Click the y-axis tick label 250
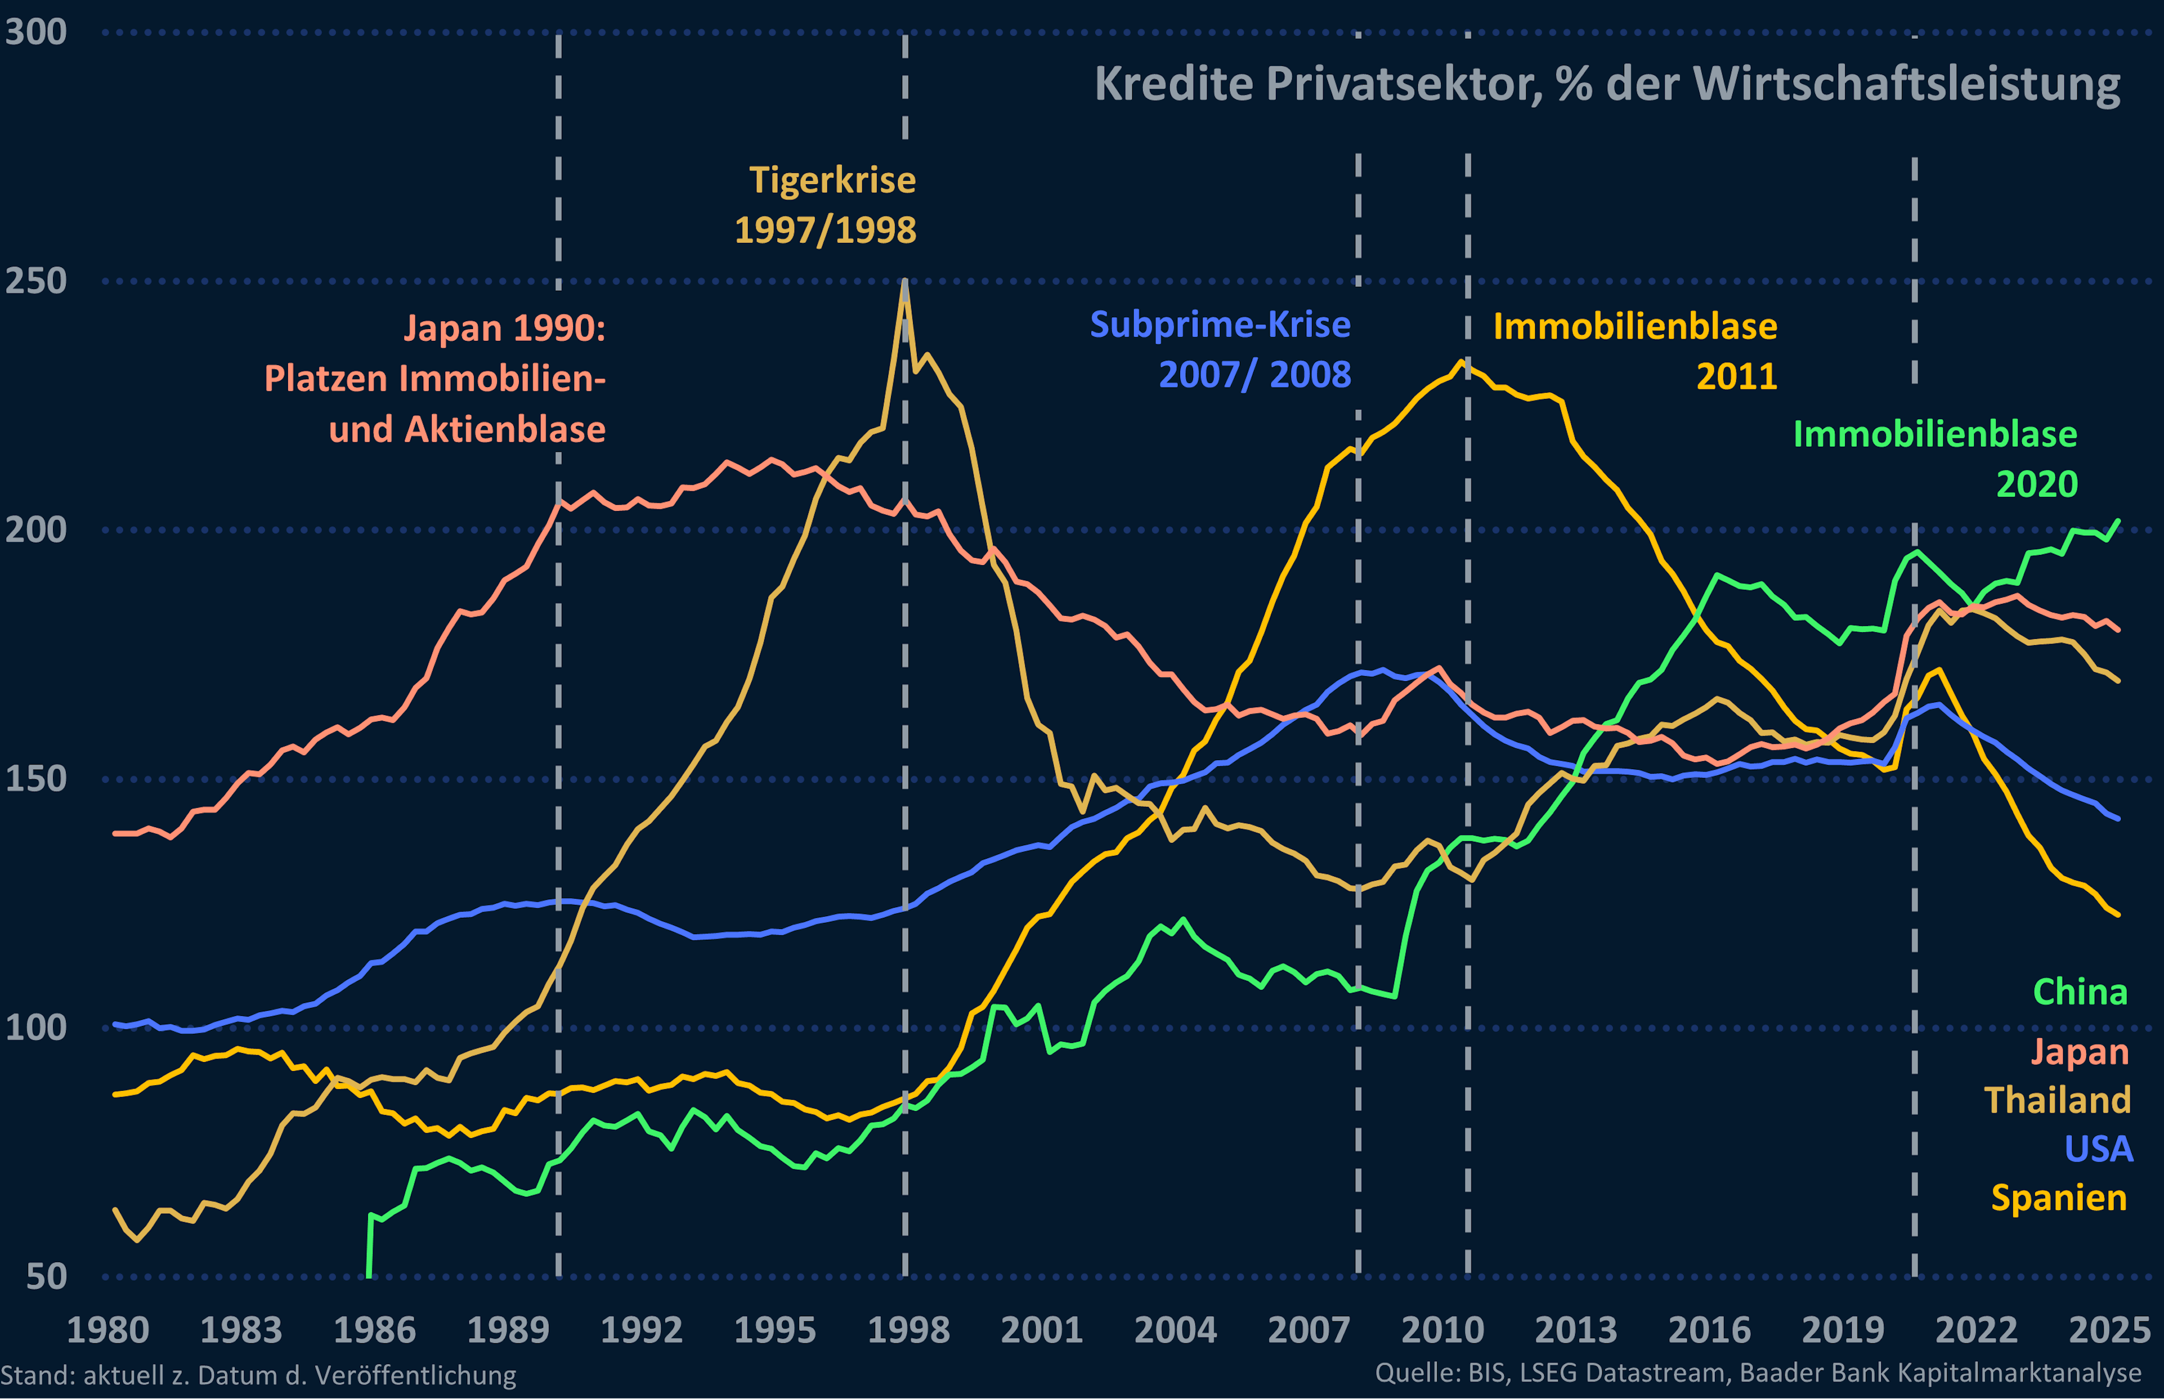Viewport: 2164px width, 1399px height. tap(36, 281)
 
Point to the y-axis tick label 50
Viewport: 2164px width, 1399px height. tap(46, 1276)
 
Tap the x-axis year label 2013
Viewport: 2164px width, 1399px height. tap(1575, 1330)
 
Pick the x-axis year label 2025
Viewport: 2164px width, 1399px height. tap(2109, 1330)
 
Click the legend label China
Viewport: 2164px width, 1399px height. tap(2079, 992)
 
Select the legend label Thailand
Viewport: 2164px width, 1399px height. tap(2057, 1100)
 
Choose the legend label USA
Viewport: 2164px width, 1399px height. tap(2099, 1149)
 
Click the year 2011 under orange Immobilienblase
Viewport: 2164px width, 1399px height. tap(1736, 376)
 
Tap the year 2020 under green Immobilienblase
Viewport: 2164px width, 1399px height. tap(2037, 483)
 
